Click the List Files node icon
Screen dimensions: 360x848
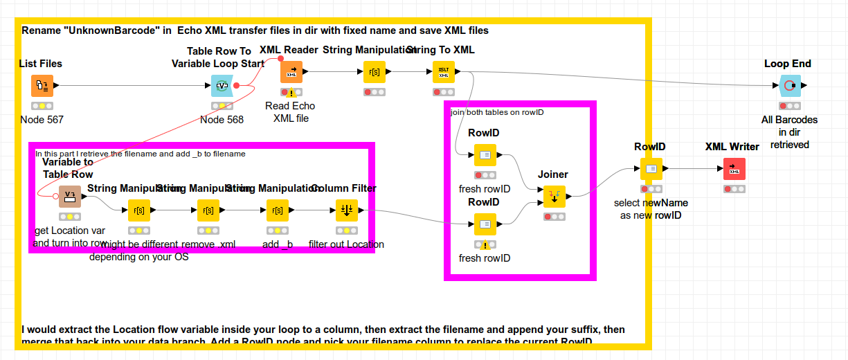(x=42, y=86)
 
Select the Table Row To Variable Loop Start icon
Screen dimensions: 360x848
(x=222, y=86)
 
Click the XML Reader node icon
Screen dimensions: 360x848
(x=291, y=71)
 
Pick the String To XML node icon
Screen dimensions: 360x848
(x=444, y=71)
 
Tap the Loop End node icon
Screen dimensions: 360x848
(x=790, y=86)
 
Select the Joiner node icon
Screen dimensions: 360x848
(x=554, y=197)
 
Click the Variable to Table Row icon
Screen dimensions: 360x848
(x=70, y=197)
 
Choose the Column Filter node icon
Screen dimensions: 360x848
(x=347, y=210)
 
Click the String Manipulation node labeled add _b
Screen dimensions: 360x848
(x=278, y=210)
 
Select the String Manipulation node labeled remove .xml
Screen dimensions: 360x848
(x=208, y=210)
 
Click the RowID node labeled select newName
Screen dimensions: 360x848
(x=651, y=168)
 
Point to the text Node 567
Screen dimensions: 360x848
(x=42, y=120)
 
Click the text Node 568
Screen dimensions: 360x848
(x=222, y=120)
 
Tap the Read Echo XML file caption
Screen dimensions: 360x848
(x=290, y=112)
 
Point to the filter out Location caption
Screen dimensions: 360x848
(x=346, y=244)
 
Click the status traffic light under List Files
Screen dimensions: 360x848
(x=42, y=106)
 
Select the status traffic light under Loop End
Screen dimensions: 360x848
(x=790, y=106)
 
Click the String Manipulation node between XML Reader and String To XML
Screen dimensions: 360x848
(x=375, y=71)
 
